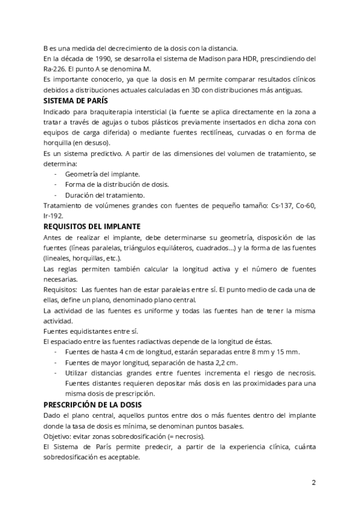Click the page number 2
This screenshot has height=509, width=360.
tap(313, 483)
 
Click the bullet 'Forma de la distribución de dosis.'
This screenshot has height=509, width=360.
tap(116, 184)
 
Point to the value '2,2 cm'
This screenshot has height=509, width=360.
tap(224, 363)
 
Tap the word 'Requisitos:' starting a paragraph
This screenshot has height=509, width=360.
tap(62, 289)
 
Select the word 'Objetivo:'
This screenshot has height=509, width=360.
tap(59, 436)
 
